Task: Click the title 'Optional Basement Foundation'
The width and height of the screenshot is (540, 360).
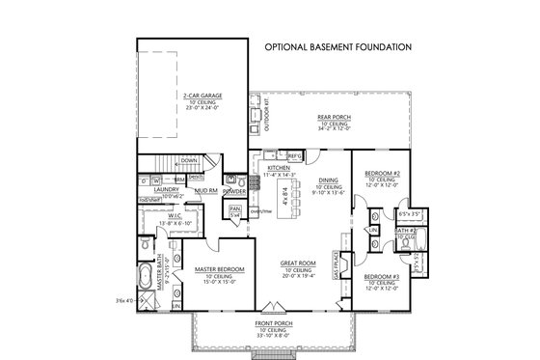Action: tap(338, 45)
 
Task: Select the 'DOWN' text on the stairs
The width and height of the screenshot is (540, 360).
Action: tap(190, 160)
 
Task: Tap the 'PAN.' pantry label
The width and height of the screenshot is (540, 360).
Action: tap(233, 206)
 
